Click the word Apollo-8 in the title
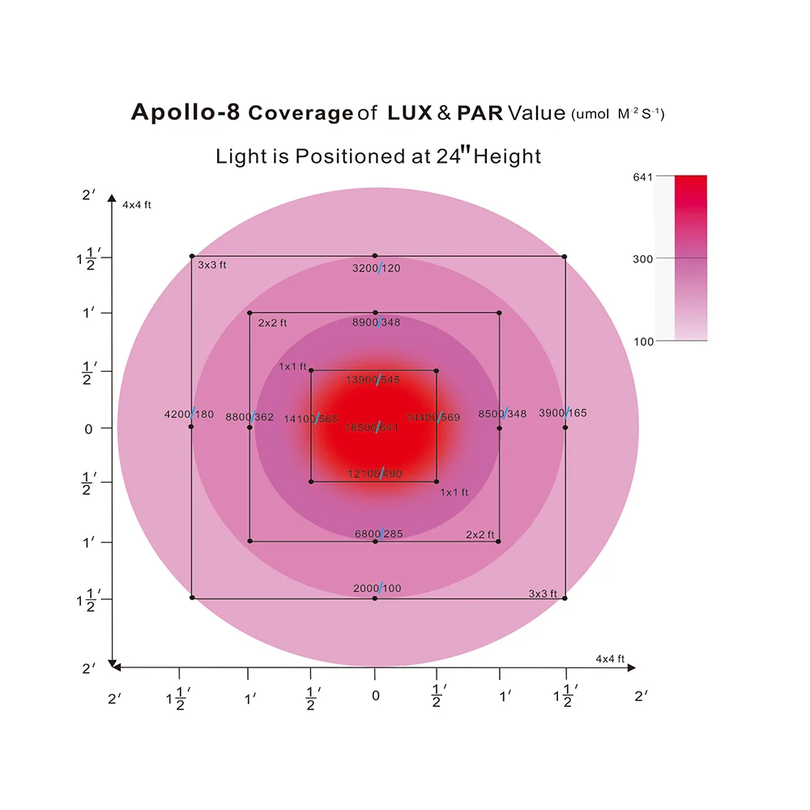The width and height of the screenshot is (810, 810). pos(185,113)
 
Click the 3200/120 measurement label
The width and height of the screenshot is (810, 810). pos(377,268)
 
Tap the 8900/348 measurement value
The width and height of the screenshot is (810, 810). pos(377,322)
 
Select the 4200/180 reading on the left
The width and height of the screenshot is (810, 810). pos(189,414)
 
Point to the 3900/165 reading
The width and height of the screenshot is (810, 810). pos(563,413)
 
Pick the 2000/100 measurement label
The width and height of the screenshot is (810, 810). pos(377,588)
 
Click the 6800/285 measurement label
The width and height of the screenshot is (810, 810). pos(378,534)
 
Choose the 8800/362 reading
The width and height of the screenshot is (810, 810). pos(249,417)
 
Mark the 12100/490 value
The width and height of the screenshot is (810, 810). pos(374,473)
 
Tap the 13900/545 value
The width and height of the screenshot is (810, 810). pos(373,380)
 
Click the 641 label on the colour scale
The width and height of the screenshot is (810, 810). pos(642,176)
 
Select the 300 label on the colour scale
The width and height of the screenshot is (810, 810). pos(642,258)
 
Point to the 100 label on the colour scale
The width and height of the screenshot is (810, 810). pos(643,342)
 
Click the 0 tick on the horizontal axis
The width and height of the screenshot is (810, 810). pos(375,695)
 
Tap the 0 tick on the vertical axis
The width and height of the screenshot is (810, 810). pos(88,428)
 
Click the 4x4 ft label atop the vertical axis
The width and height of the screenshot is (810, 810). pos(137,205)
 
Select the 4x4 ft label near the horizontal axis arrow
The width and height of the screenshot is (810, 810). pos(610,659)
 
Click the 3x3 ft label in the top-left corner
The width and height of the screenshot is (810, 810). pos(212,265)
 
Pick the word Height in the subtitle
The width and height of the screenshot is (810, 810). pos(507,156)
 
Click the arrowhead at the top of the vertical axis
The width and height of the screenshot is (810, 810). pos(111,201)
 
